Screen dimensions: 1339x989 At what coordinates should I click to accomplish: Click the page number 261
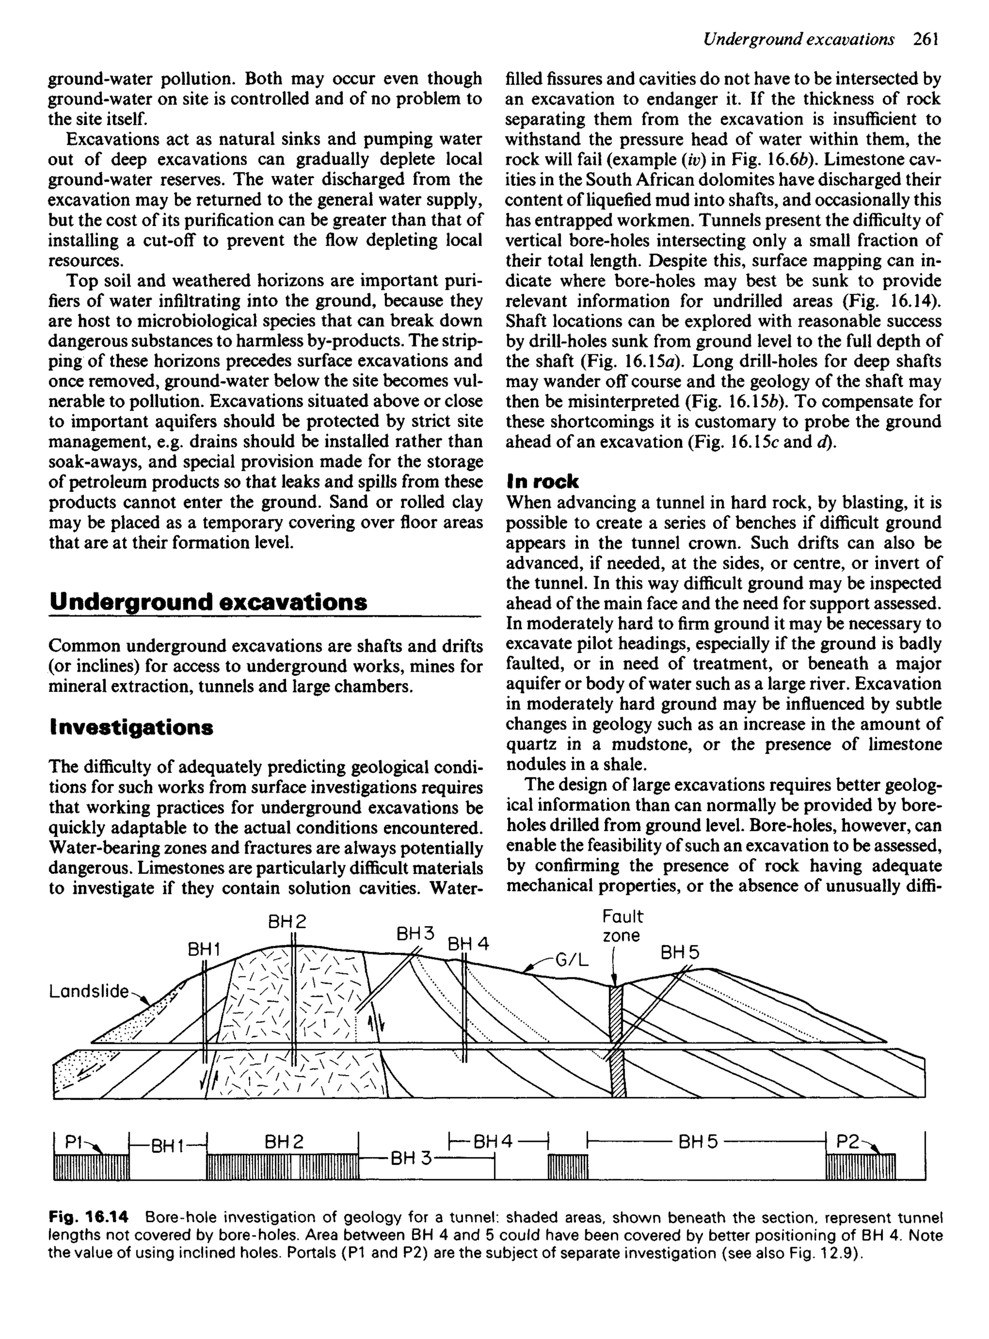point(925,40)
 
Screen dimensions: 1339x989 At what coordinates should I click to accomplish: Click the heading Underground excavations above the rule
point(208,601)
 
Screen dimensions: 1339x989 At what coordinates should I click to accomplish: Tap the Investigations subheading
point(130,728)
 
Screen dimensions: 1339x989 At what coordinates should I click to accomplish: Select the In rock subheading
point(542,481)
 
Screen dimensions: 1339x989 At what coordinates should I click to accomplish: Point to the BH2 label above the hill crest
point(287,921)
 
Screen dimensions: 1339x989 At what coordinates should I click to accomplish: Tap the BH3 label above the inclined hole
point(415,934)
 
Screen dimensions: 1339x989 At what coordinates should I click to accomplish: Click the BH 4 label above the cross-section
point(468,944)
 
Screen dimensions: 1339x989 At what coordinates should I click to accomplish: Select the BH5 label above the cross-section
point(679,953)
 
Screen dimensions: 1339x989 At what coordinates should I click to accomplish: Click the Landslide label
point(88,991)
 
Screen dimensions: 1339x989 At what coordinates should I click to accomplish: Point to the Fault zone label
point(622,926)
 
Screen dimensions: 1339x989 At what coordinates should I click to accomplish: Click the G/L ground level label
point(572,961)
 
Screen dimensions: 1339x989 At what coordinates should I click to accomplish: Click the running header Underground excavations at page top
point(799,40)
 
